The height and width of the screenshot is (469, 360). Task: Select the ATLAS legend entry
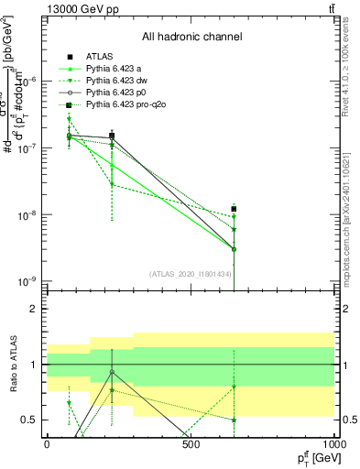pos(102,58)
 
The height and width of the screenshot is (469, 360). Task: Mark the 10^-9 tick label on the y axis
pos(27,280)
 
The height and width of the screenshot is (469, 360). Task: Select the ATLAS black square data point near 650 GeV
pos(235,209)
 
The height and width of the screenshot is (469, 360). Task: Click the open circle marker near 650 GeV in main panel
pos(235,249)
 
